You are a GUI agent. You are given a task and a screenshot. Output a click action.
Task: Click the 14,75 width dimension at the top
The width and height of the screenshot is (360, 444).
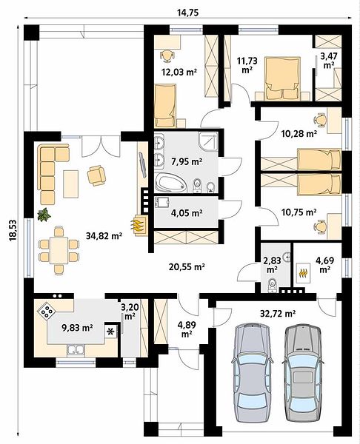187,13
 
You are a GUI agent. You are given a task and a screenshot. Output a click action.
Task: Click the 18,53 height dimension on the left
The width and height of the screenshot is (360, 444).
13,230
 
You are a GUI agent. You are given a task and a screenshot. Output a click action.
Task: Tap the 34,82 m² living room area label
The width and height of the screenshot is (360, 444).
104,235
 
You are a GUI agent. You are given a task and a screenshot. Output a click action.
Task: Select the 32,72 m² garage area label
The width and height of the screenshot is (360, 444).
278,313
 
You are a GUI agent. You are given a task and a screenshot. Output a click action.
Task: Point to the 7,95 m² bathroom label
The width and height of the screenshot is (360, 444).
187,162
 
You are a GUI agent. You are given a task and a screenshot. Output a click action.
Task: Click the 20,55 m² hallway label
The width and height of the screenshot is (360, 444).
187,266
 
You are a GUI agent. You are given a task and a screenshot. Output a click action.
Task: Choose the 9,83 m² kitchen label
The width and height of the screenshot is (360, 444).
77,328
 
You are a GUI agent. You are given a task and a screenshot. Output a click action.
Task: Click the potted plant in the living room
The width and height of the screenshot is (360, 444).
44,215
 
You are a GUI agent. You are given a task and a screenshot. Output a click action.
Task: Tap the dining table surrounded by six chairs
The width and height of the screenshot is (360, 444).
59,251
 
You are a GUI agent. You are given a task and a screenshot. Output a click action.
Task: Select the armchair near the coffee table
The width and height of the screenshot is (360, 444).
96,175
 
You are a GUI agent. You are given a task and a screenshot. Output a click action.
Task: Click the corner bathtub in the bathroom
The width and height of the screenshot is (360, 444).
171,184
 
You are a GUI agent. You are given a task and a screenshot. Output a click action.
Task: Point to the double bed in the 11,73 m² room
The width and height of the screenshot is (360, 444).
282,78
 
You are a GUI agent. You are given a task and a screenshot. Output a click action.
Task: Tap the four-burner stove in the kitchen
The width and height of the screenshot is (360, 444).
47,312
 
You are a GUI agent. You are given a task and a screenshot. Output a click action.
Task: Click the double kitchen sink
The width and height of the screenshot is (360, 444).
76,350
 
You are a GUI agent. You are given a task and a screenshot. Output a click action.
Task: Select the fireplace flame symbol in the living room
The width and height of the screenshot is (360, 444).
138,224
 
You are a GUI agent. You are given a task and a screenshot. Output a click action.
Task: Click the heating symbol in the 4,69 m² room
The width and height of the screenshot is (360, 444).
304,272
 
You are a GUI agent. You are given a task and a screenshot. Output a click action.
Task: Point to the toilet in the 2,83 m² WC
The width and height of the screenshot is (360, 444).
272,285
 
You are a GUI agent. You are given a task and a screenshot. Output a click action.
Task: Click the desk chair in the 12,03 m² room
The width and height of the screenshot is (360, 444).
167,55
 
